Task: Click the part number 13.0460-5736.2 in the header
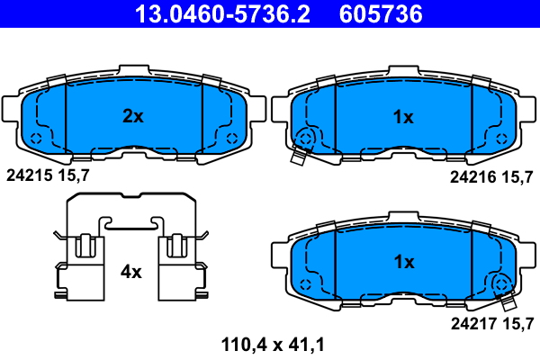tap(222, 13)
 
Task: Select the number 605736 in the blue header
tap(381, 13)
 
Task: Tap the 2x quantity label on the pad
tap(133, 116)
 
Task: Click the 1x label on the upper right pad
tap(403, 117)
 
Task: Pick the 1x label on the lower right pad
tap(404, 262)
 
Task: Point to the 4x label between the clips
tap(130, 272)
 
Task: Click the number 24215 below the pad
tap(30, 175)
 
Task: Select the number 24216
tap(473, 177)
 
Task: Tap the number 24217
tap(474, 324)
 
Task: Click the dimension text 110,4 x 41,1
tap(273, 345)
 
